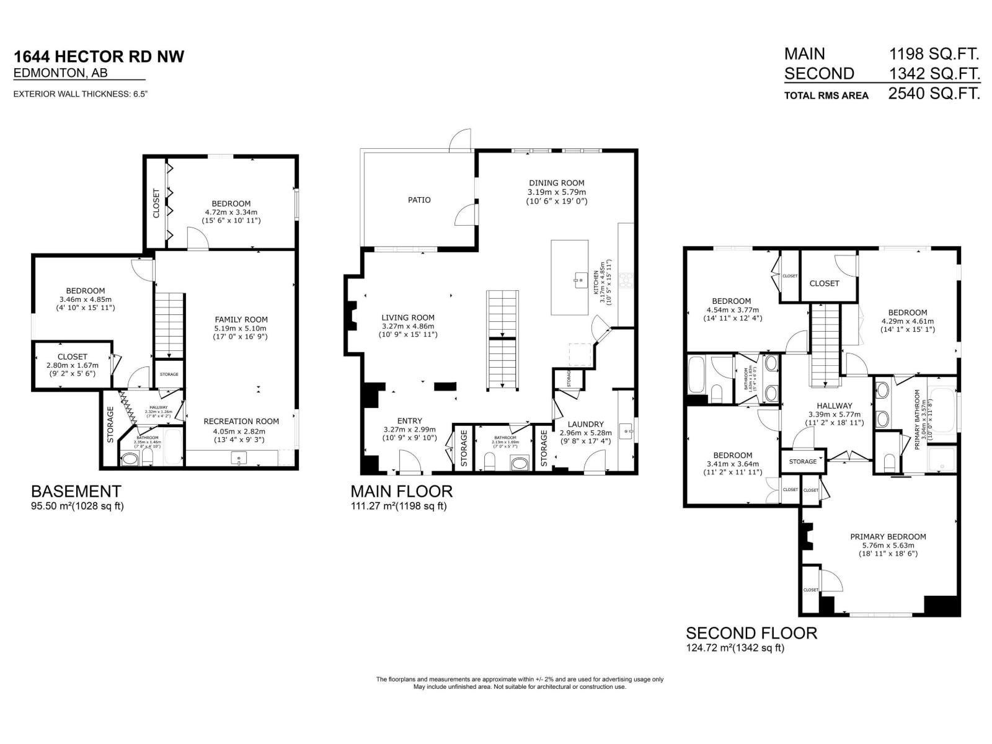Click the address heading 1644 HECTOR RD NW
[99, 56]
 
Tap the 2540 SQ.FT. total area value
[934, 94]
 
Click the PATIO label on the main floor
[419, 200]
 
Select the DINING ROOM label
[556, 183]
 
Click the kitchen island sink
[581, 280]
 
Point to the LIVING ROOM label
[407, 317]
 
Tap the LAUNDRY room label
[585, 424]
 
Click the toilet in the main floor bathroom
[489, 461]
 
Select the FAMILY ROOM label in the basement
[241, 319]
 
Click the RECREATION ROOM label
[241, 421]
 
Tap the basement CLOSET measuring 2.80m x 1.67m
[73, 356]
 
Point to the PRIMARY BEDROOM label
[888, 537]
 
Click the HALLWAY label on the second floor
[834, 406]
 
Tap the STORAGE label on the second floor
[803, 461]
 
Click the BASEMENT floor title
[76, 492]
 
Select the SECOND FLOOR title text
[751, 633]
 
